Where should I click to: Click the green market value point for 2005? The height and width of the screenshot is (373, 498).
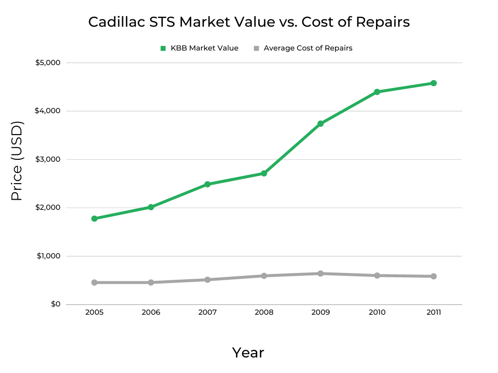(x=94, y=219)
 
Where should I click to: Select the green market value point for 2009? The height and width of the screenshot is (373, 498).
(x=320, y=124)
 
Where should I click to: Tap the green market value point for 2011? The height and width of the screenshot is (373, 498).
(x=433, y=83)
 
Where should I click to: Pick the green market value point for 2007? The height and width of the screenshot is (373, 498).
(x=207, y=185)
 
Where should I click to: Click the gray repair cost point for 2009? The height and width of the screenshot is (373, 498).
(x=320, y=273)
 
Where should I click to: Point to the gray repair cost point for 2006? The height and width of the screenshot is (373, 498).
(x=151, y=282)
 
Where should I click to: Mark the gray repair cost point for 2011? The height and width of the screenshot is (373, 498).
(x=433, y=276)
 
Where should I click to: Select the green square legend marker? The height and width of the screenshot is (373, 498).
(x=163, y=48)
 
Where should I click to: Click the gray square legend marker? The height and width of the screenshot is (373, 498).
(x=256, y=48)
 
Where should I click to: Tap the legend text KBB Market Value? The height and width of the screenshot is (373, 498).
(x=204, y=48)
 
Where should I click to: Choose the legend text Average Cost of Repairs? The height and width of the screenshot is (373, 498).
(x=308, y=48)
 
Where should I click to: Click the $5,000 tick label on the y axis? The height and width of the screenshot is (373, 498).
(x=48, y=63)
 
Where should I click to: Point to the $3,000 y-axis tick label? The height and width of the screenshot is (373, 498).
(x=48, y=159)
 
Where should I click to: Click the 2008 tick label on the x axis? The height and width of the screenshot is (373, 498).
(x=264, y=312)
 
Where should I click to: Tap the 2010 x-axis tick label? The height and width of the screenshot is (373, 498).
(x=377, y=312)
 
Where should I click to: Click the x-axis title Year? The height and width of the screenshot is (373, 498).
(x=248, y=353)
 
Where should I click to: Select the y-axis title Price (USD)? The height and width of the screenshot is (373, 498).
(x=17, y=161)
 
